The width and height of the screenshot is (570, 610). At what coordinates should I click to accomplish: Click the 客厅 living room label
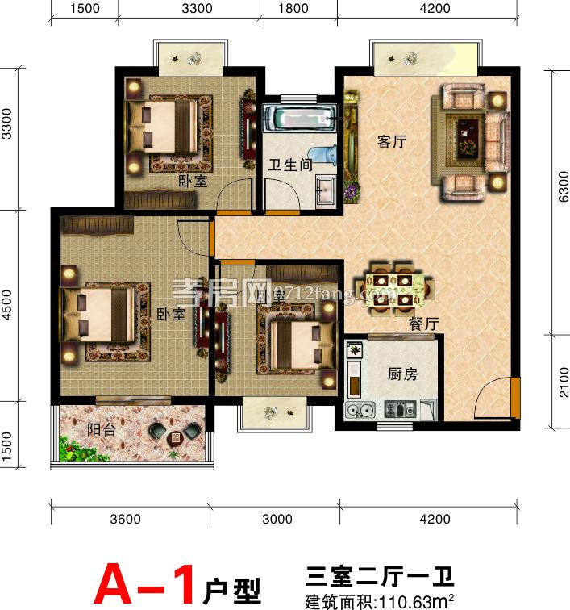[392, 143]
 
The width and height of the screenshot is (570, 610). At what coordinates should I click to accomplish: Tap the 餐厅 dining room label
[423, 324]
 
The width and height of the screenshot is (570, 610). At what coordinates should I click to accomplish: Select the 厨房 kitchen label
[401, 374]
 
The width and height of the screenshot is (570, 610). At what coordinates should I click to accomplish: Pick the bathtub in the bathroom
[303, 118]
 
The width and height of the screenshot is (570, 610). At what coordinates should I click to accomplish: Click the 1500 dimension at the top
[85, 9]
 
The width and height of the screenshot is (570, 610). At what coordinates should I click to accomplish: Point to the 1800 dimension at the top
[297, 9]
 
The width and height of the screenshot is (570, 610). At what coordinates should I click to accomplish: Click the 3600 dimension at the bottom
[127, 520]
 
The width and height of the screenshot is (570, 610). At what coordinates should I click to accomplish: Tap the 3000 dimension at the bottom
[278, 520]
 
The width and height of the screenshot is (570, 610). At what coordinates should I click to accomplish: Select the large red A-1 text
[145, 583]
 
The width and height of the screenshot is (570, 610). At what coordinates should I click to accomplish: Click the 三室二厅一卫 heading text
[381, 576]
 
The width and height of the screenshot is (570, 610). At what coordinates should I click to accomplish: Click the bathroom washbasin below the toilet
[324, 190]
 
